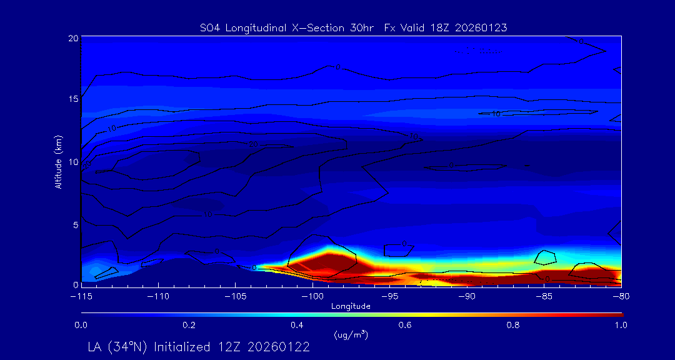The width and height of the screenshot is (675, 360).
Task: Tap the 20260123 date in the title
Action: [x=482, y=27]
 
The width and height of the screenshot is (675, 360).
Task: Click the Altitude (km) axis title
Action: [x=59, y=161]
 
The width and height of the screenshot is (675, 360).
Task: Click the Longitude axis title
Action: [x=351, y=306]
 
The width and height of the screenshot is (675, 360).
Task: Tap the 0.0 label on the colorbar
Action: [x=81, y=325]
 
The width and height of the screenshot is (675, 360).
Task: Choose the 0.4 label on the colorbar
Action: [x=297, y=325]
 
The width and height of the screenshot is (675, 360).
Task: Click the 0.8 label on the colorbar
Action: [x=513, y=325]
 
